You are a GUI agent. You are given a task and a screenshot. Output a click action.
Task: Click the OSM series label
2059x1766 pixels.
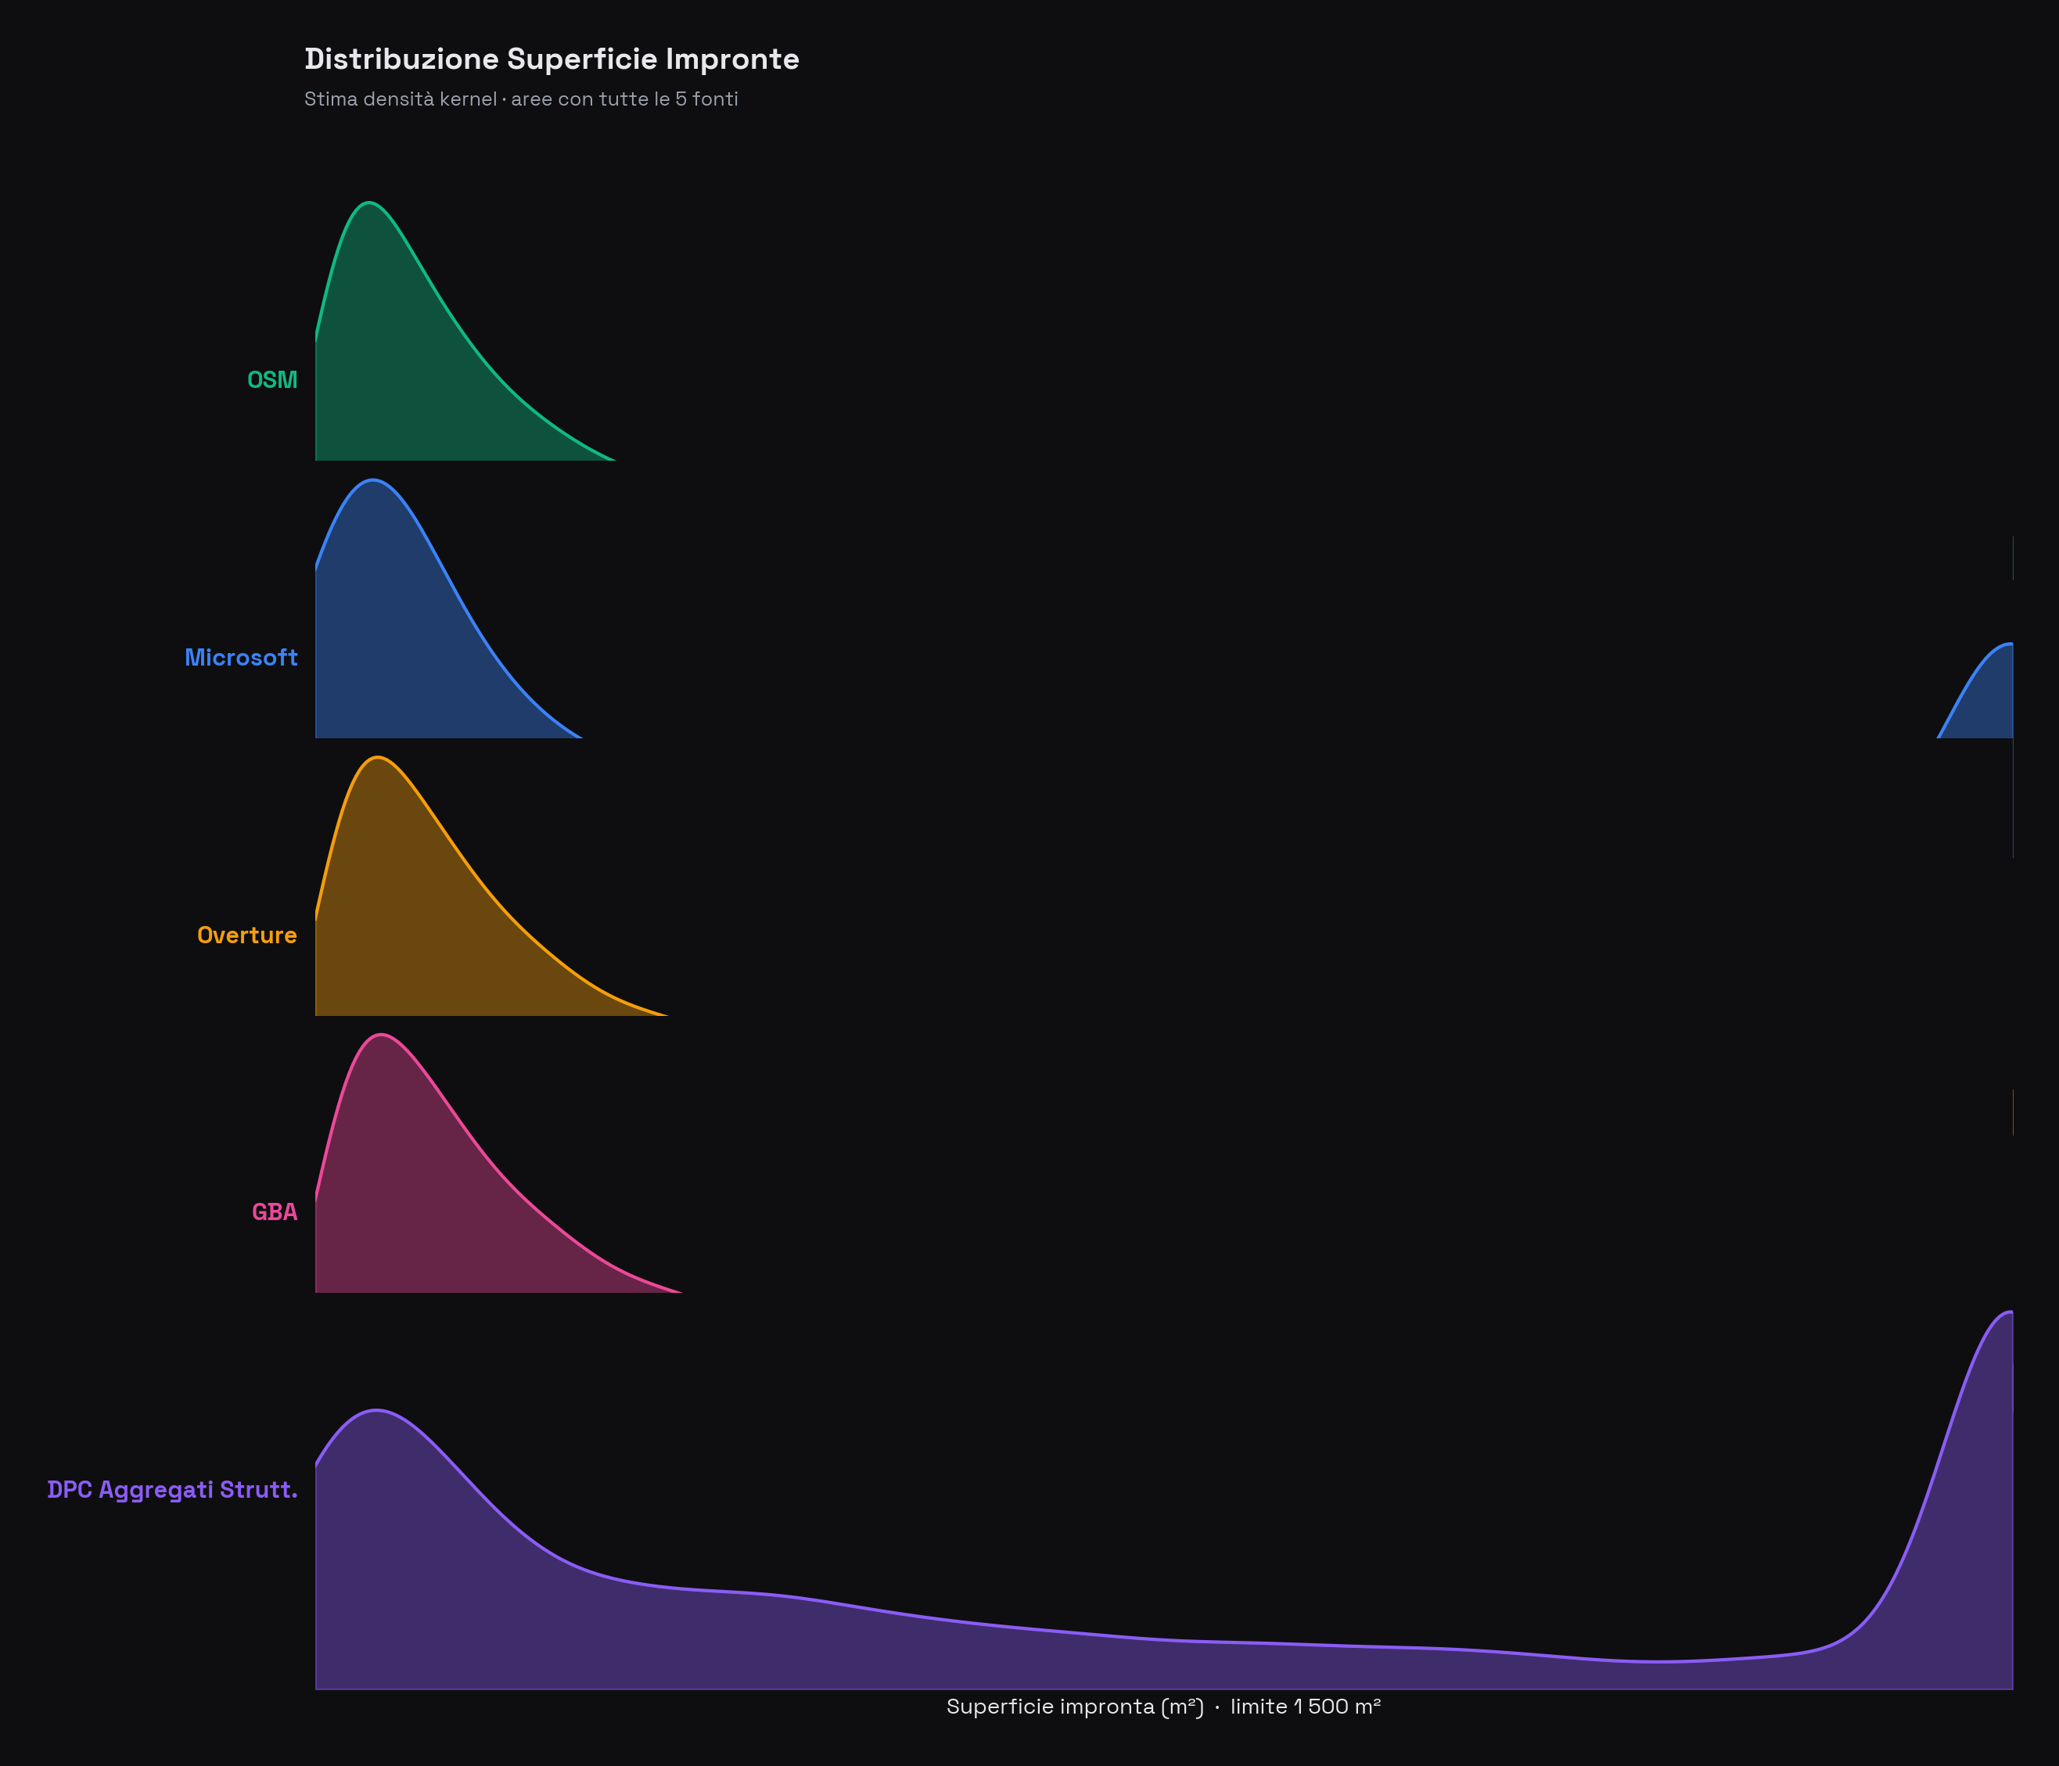click(271, 380)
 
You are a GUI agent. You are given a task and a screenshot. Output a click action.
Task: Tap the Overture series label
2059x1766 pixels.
click(246, 935)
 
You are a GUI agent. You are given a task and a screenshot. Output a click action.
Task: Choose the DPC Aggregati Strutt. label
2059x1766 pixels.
click(172, 1490)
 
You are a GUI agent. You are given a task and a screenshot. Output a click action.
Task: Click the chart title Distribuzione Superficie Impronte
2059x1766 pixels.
click(552, 59)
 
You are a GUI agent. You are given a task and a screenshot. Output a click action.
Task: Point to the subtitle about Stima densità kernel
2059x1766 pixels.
click(521, 99)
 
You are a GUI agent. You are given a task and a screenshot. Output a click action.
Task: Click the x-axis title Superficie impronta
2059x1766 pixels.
click(1162, 1707)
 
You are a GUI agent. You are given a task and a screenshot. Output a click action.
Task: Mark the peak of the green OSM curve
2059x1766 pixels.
click(370, 203)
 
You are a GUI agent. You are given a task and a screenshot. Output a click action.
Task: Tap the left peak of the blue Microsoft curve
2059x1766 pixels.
click(374, 481)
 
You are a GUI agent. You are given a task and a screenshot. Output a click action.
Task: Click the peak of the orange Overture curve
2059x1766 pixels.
click(378, 758)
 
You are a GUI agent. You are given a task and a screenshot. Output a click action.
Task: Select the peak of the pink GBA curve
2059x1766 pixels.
click(381, 1035)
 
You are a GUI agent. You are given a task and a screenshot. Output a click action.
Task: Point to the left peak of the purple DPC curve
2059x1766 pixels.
click(376, 1410)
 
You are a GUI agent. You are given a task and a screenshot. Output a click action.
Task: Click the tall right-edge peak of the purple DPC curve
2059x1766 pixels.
click(2009, 1312)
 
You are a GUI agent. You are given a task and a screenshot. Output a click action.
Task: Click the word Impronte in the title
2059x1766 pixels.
click(732, 59)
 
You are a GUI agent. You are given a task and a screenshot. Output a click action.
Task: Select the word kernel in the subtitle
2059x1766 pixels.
click(467, 99)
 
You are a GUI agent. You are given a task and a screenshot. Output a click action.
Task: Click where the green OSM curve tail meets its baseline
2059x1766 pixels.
click(614, 460)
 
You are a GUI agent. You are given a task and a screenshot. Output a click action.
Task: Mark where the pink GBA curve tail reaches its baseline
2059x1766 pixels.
click(680, 1292)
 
